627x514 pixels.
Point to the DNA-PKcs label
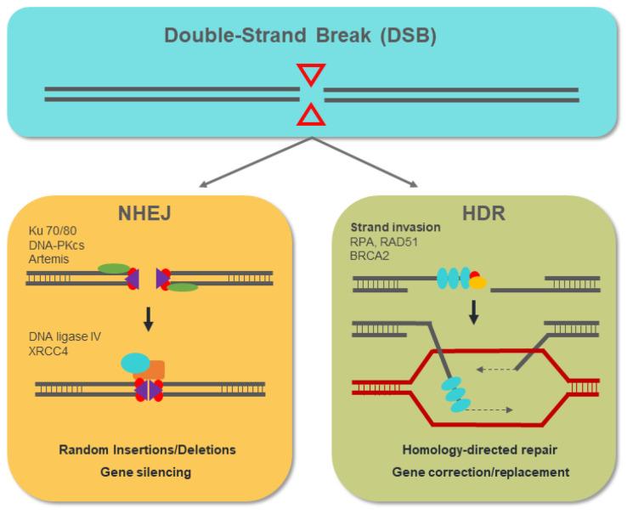(x=53, y=245)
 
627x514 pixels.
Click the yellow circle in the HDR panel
(x=478, y=282)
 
